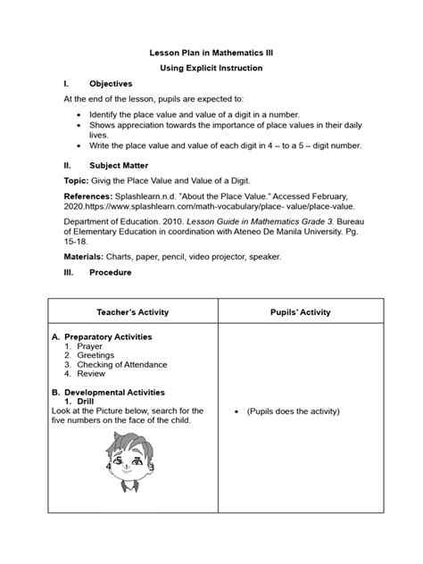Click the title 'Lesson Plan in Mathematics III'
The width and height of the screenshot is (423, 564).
pyautogui.click(x=211, y=54)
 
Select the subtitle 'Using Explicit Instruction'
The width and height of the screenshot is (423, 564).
pyautogui.click(x=211, y=68)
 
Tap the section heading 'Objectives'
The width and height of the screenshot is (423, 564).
pyautogui.click(x=111, y=82)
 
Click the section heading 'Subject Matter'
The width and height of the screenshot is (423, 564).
pyautogui.click(x=119, y=165)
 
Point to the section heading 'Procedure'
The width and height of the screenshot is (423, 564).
pyautogui.click(x=111, y=272)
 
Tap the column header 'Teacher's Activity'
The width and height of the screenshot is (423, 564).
pyautogui.click(x=131, y=312)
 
